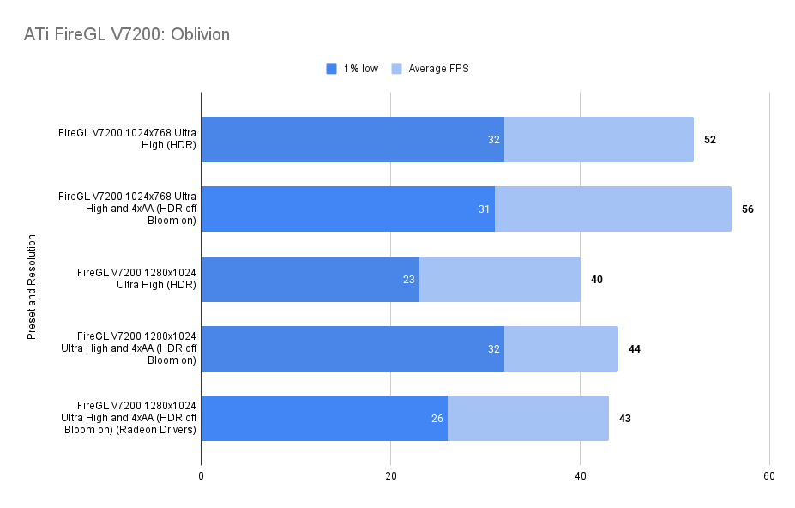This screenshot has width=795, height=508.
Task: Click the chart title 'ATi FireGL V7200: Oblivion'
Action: click(127, 35)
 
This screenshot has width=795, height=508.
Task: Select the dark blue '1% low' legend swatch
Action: click(332, 69)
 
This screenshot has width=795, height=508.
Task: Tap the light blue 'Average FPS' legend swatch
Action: click(396, 69)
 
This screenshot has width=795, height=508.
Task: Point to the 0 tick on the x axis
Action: click(201, 476)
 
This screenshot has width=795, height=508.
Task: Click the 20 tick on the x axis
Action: click(390, 476)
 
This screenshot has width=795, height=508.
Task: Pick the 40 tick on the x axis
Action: click(580, 476)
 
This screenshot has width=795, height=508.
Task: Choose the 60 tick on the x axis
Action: click(769, 476)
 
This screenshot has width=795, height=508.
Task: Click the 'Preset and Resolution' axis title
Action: click(32, 279)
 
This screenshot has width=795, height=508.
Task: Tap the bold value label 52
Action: click(710, 139)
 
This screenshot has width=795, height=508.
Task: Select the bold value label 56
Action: click(748, 209)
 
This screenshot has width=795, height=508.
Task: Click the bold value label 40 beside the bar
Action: click(597, 279)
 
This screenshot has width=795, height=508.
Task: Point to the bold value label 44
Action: click(635, 348)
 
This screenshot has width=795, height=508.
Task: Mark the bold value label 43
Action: click(625, 418)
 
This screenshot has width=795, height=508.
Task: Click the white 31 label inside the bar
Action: click(485, 209)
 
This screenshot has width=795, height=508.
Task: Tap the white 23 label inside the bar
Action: click(409, 279)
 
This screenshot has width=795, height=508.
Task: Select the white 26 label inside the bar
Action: click(437, 418)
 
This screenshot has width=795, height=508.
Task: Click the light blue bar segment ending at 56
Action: click(613, 209)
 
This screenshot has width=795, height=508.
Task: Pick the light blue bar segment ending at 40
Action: click(500, 279)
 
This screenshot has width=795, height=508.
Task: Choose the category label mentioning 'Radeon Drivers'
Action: click(130, 418)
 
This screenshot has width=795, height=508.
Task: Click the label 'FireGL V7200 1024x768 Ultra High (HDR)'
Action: click(127, 139)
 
